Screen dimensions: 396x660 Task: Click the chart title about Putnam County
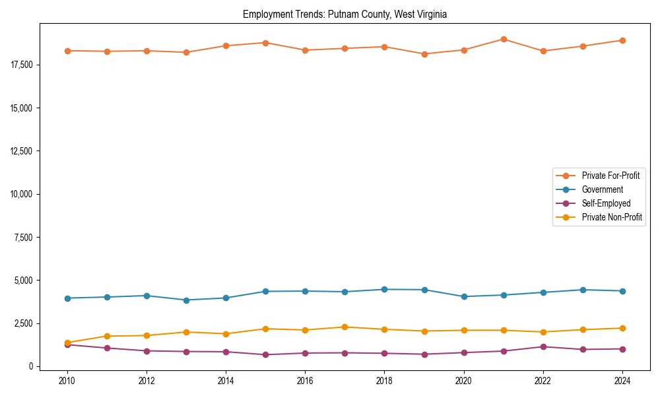click(x=345, y=15)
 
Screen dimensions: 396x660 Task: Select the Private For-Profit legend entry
click(x=610, y=176)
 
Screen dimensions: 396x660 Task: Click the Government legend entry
click(x=602, y=189)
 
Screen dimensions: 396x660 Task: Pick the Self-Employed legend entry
click(x=606, y=203)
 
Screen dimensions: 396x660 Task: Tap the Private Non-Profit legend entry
click(x=612, y=217)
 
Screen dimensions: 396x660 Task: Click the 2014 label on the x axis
click(x=226, y=381)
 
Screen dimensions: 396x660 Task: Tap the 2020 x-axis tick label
click(x=463, y=381)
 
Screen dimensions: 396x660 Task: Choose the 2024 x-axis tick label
click(x=622, y=381)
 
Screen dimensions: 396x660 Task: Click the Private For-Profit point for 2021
click(x=504, y=39)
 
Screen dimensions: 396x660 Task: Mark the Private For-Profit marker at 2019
click(x=424, y=54)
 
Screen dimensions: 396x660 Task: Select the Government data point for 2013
click(x=186, y=300)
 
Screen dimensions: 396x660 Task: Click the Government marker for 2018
click(x=385, y=289)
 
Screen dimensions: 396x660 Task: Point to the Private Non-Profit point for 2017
click(x=345, y=327)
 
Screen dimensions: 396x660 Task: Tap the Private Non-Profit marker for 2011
click(x=107, y=336)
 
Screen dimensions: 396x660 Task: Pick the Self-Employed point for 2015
click(x=265, y=354)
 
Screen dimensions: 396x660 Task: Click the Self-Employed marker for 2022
click(x=543, y=346)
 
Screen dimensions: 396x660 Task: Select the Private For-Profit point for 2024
click(x=622, y=40)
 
